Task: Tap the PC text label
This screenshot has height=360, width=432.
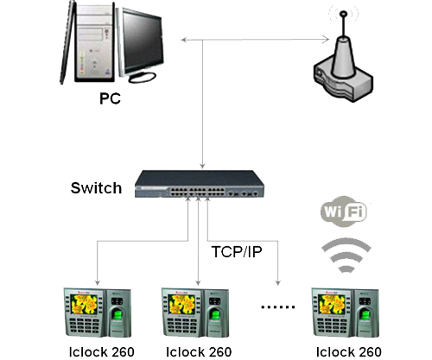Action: [110, 99]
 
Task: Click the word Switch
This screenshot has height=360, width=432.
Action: [97, 188]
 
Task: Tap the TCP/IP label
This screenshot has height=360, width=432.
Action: [237, 251]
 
